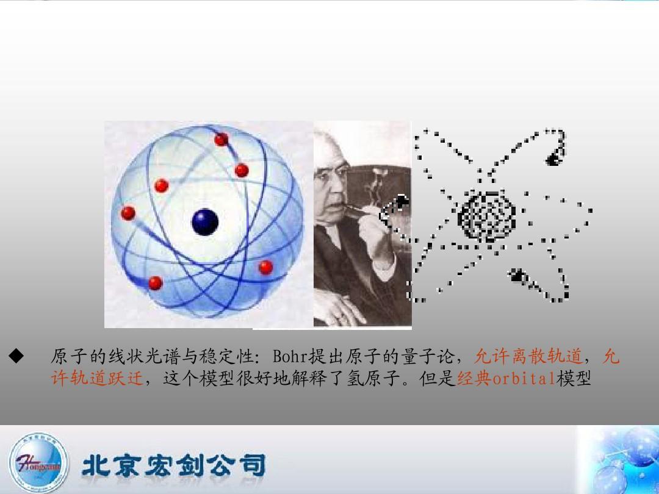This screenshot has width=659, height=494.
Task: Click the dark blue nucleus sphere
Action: tap(205, 222)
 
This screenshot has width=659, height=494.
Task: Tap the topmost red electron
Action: tap(221, 139)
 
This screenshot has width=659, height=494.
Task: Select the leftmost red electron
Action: tap(128, 213)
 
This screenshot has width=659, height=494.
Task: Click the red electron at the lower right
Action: tap(265, 267)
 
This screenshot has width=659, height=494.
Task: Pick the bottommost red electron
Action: tap(155, 283)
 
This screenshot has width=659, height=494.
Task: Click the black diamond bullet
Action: tap(16, 356)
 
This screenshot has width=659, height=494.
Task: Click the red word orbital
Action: tap(524, 379)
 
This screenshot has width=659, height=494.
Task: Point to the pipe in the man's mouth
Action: tap(357, 209)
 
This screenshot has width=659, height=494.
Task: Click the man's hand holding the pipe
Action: tap(375, 231)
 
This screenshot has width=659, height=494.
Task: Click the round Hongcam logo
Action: tap(38, 464)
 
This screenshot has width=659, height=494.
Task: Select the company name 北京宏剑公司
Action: tap(174, 465)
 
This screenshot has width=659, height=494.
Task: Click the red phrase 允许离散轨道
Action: tap(528, 356)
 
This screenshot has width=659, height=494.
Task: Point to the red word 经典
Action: tap(474, 379)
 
